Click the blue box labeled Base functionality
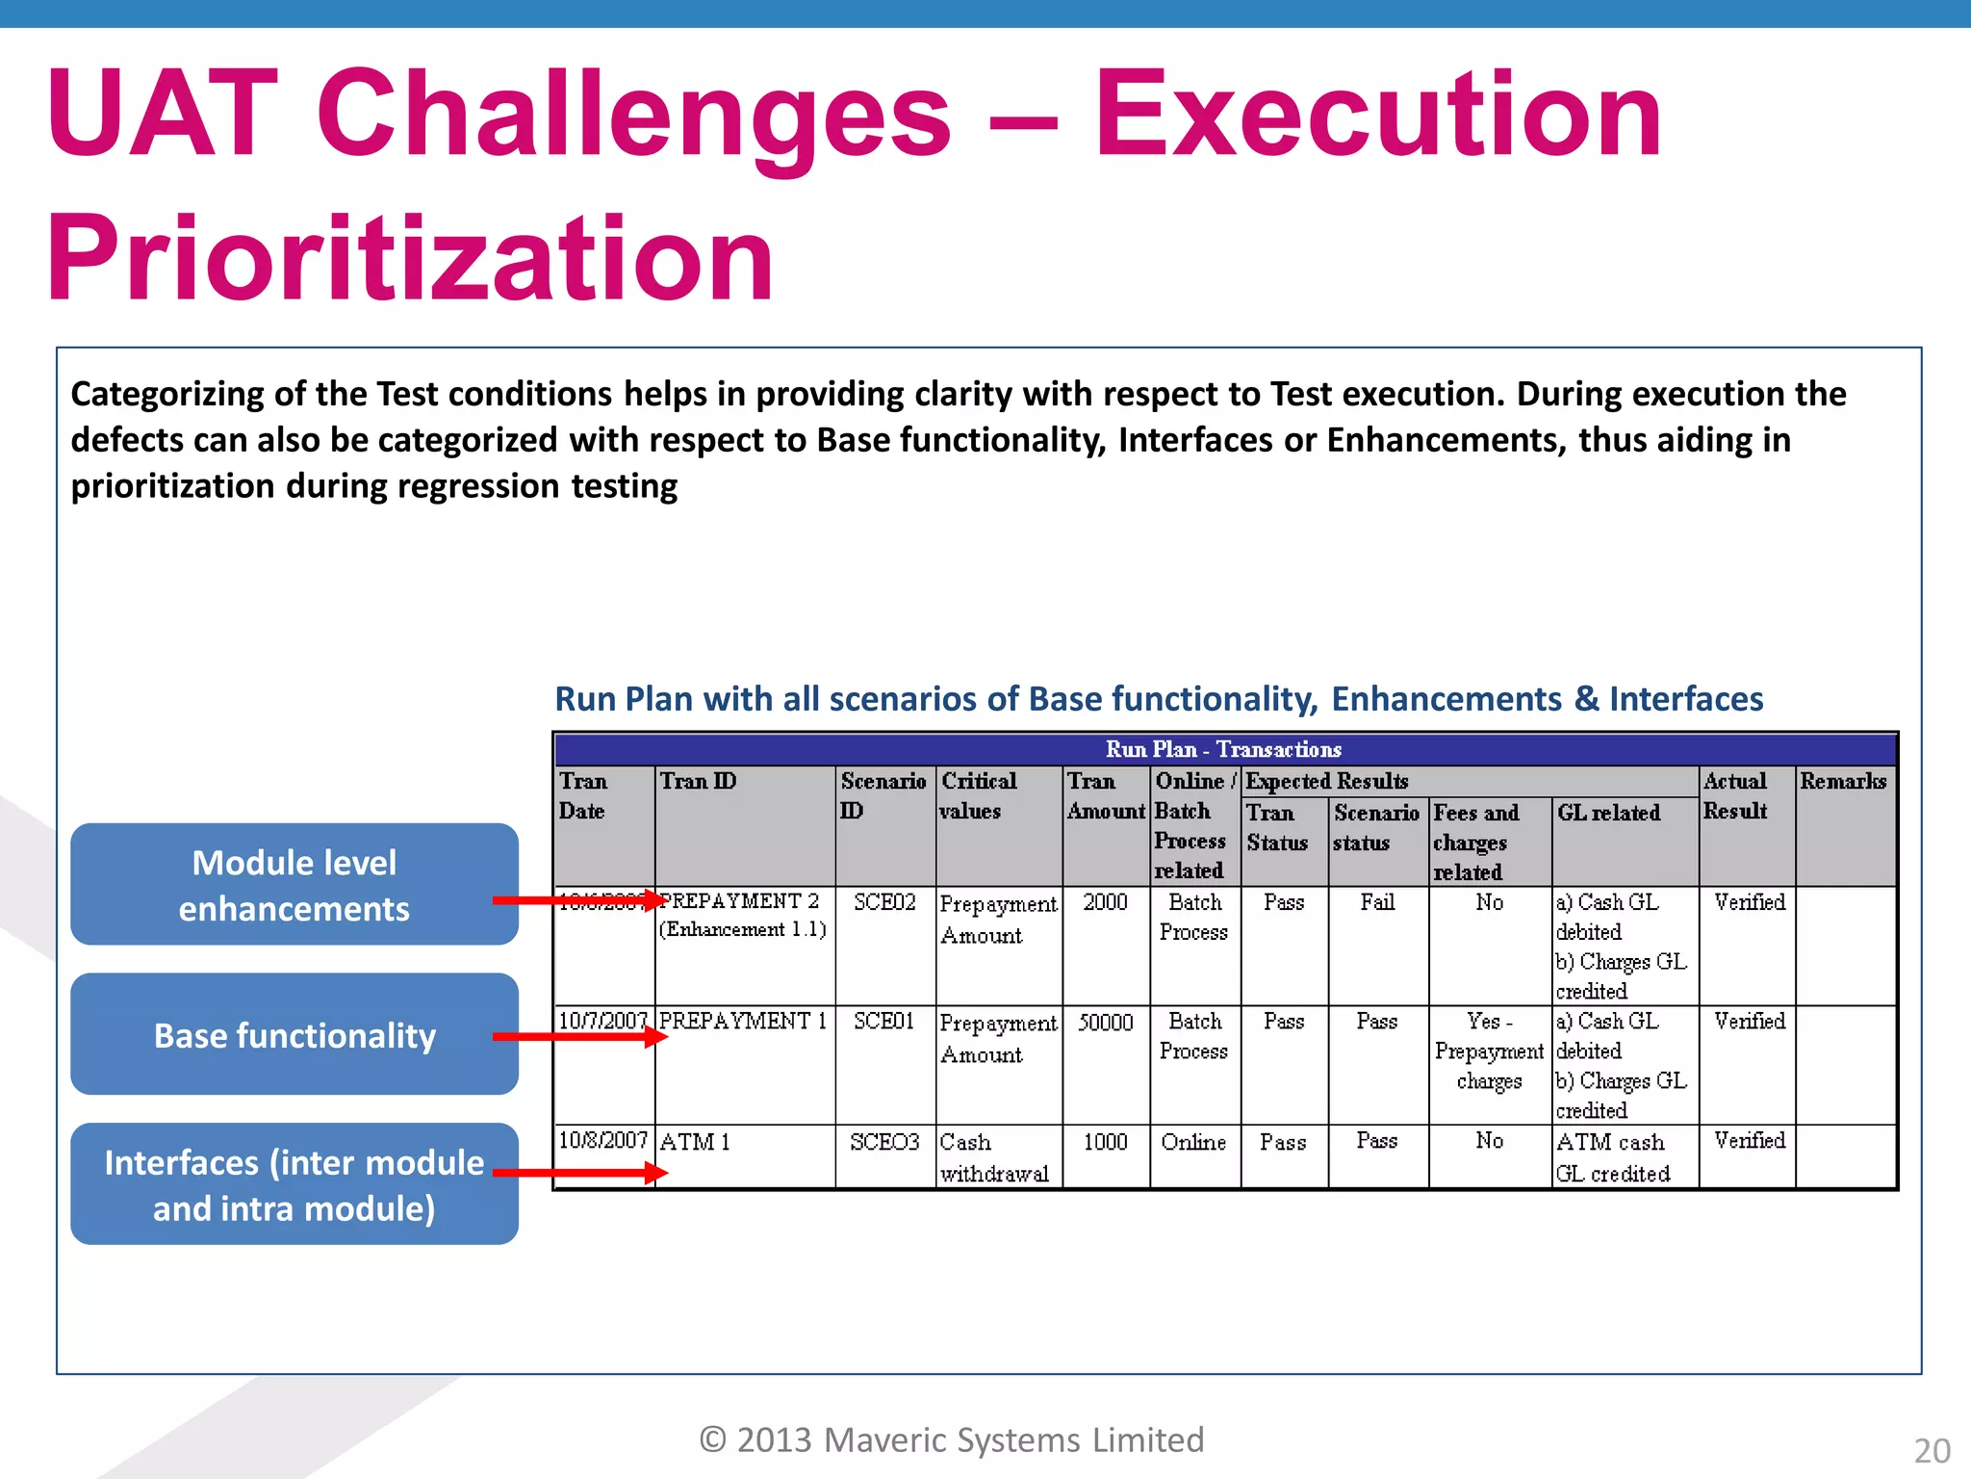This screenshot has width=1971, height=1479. point(294,1034)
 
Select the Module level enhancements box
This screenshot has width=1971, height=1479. point(294,884)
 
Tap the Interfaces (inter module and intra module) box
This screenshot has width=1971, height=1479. point(294,1184)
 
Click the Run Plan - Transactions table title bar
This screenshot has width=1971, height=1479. point(1223,749)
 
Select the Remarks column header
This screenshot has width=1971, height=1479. point(1843,781)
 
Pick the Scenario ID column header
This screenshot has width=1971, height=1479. point(883,795)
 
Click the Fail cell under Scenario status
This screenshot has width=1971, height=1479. point(1377,902)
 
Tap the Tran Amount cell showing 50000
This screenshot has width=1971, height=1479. point(1105,1023)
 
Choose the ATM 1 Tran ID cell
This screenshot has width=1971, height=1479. point(695,1142)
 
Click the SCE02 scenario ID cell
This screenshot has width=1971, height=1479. point(884,902)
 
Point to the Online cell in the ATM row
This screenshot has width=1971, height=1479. point(1193,1142)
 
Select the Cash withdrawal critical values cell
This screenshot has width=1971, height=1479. point(994,1157)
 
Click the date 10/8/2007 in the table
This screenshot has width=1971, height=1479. point(603,1140)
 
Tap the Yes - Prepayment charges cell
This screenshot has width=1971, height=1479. point(1489,1051)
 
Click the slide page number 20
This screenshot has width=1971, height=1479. point(1932,1450)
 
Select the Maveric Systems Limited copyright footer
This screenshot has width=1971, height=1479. point(951,1440)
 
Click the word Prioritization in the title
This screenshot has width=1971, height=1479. point(411,259)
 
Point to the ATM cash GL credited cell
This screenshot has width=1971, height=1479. point(1613,1157)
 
